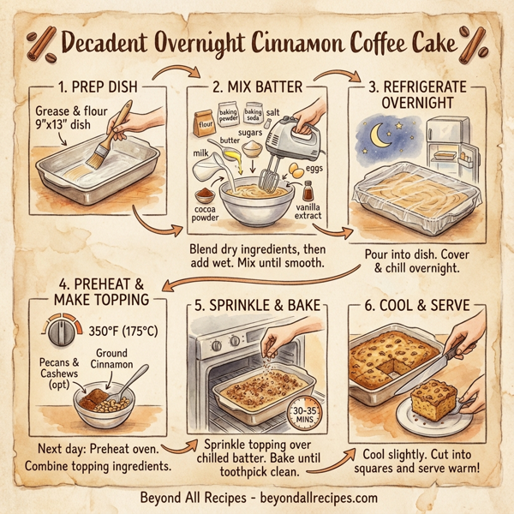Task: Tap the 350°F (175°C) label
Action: [x=127, y=330]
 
